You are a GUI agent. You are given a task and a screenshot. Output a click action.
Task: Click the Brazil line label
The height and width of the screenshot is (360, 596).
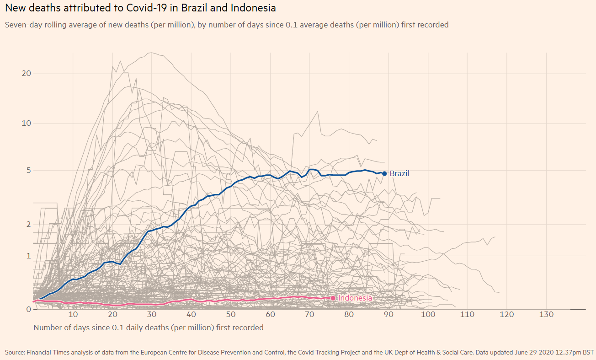point(399,174)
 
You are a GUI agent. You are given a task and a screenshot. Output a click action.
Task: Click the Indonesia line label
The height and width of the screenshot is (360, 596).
point(355,298)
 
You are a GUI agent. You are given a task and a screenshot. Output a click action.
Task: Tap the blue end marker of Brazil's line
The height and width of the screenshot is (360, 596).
point(384,173)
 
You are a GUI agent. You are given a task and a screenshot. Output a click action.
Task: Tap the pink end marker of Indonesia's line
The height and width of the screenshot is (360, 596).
point(333,298)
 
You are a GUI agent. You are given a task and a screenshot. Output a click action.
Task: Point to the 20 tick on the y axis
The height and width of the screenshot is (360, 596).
point(26,74)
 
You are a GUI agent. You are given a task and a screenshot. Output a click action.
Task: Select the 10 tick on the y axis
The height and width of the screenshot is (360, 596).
point(26,124)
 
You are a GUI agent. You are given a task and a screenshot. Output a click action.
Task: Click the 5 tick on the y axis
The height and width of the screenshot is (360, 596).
point(28,171)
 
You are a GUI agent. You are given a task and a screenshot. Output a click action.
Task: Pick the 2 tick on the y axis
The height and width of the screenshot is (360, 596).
point(28,225)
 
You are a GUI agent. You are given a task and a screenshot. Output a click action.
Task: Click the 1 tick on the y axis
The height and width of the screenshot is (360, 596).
point(28,256)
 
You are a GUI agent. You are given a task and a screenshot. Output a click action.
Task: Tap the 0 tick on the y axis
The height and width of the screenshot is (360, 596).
point(28,309)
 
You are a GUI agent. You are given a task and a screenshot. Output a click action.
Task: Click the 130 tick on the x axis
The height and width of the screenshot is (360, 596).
point(546,315)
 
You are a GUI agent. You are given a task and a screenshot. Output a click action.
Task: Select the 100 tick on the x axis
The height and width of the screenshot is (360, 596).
point(428,315)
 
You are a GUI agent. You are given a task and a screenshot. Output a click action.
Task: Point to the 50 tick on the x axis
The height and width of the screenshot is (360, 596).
point(231,315)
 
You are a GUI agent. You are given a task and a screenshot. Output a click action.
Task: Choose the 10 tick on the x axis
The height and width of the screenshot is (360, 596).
point(73,315)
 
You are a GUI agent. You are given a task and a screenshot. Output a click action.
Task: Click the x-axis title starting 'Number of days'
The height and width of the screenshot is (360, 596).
point(148,328)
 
